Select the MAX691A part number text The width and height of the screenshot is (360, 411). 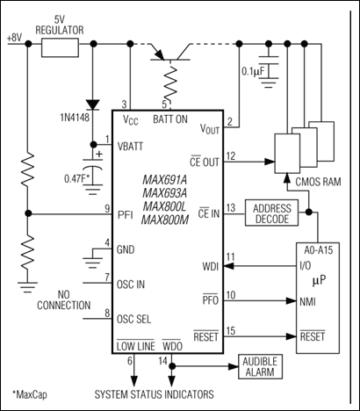[164, 179]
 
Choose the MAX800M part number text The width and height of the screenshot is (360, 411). [164, 220]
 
